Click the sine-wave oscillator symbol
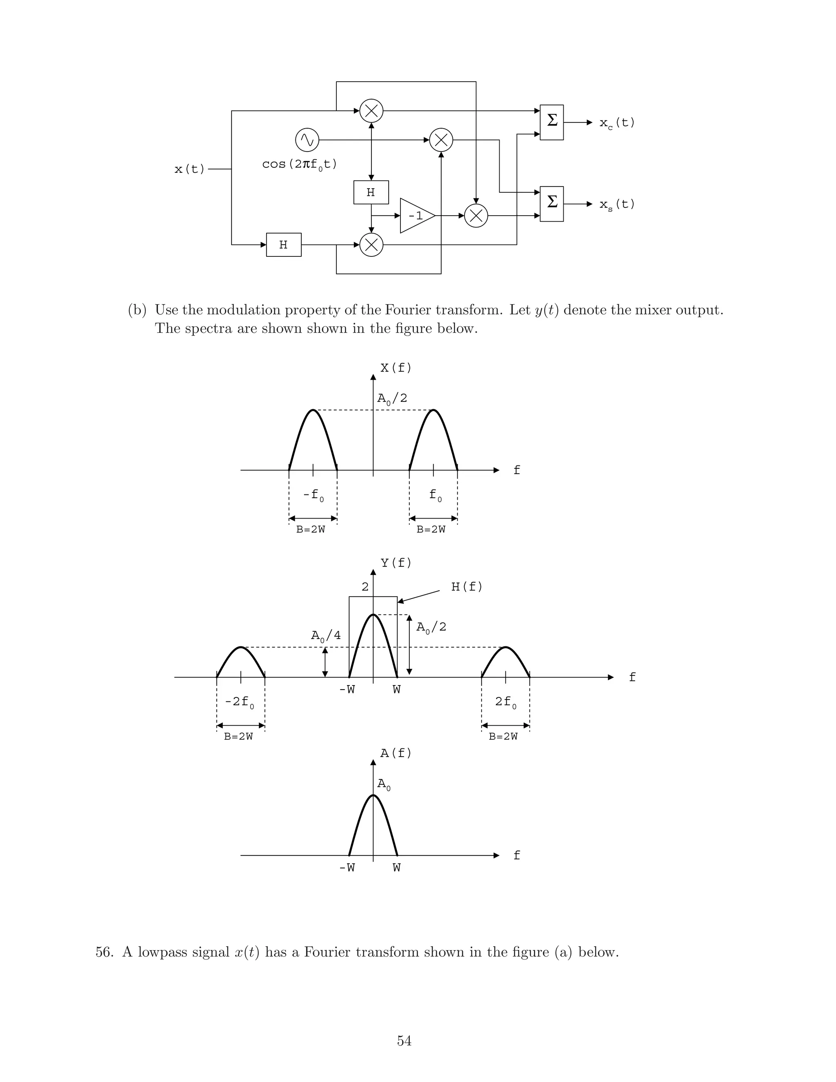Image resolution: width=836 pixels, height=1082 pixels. click(x=307, y=140)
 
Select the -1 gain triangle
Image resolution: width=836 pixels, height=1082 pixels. click(x=416, y=216)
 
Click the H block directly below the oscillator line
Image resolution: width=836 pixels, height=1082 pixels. click(x=371, y=192)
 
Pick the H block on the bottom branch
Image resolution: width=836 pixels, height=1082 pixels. click(x=284, y=245)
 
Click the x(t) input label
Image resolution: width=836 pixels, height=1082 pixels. click(x=189, y=169)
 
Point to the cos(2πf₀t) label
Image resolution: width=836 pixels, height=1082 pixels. click(x=299, y=165)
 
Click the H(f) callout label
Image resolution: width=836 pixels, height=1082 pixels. click(x=467, y=587)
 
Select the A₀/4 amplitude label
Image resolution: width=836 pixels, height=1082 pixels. click(x=325, y=636)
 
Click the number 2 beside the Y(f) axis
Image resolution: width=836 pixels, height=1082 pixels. click(x=365, y=587)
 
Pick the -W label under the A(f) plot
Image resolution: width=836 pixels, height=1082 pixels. click(x=347, y=868)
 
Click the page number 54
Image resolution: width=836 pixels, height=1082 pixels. click(x=404, y=1041)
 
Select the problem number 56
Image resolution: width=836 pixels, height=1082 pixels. click(x=104, y=953)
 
